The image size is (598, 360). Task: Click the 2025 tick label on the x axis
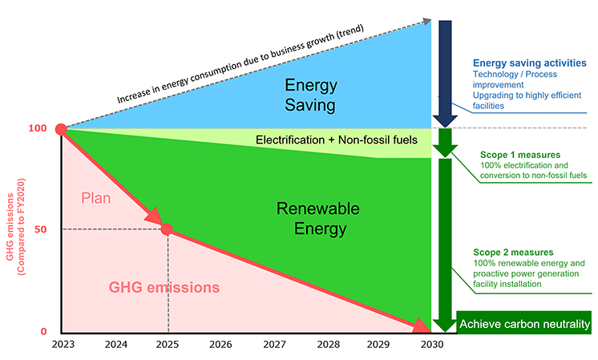click(x=168, y=345)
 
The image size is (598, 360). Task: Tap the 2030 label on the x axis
click(x=433, y=345)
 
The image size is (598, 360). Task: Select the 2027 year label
click(x=274, y=345)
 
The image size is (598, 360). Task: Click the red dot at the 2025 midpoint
click(x=168, y=229)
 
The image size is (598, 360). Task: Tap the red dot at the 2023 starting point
click(x=60, y=129)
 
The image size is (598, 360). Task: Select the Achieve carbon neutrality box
click(x=524, y=325)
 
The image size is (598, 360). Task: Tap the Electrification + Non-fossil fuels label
click(x=337, y=140)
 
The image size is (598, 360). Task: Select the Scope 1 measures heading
click(x=520, y=154)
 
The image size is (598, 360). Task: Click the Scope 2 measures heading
click(x=520, y=253)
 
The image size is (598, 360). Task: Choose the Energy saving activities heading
click(x=529, y=63)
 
